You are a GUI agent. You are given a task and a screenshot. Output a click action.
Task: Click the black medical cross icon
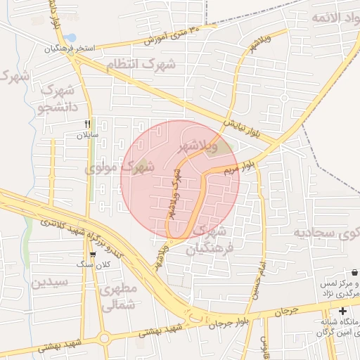[x=342, y=311]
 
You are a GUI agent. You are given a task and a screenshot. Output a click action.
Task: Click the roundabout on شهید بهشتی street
[x=103, y=338]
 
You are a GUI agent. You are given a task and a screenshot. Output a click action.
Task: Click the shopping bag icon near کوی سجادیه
[x=354, y=271]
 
